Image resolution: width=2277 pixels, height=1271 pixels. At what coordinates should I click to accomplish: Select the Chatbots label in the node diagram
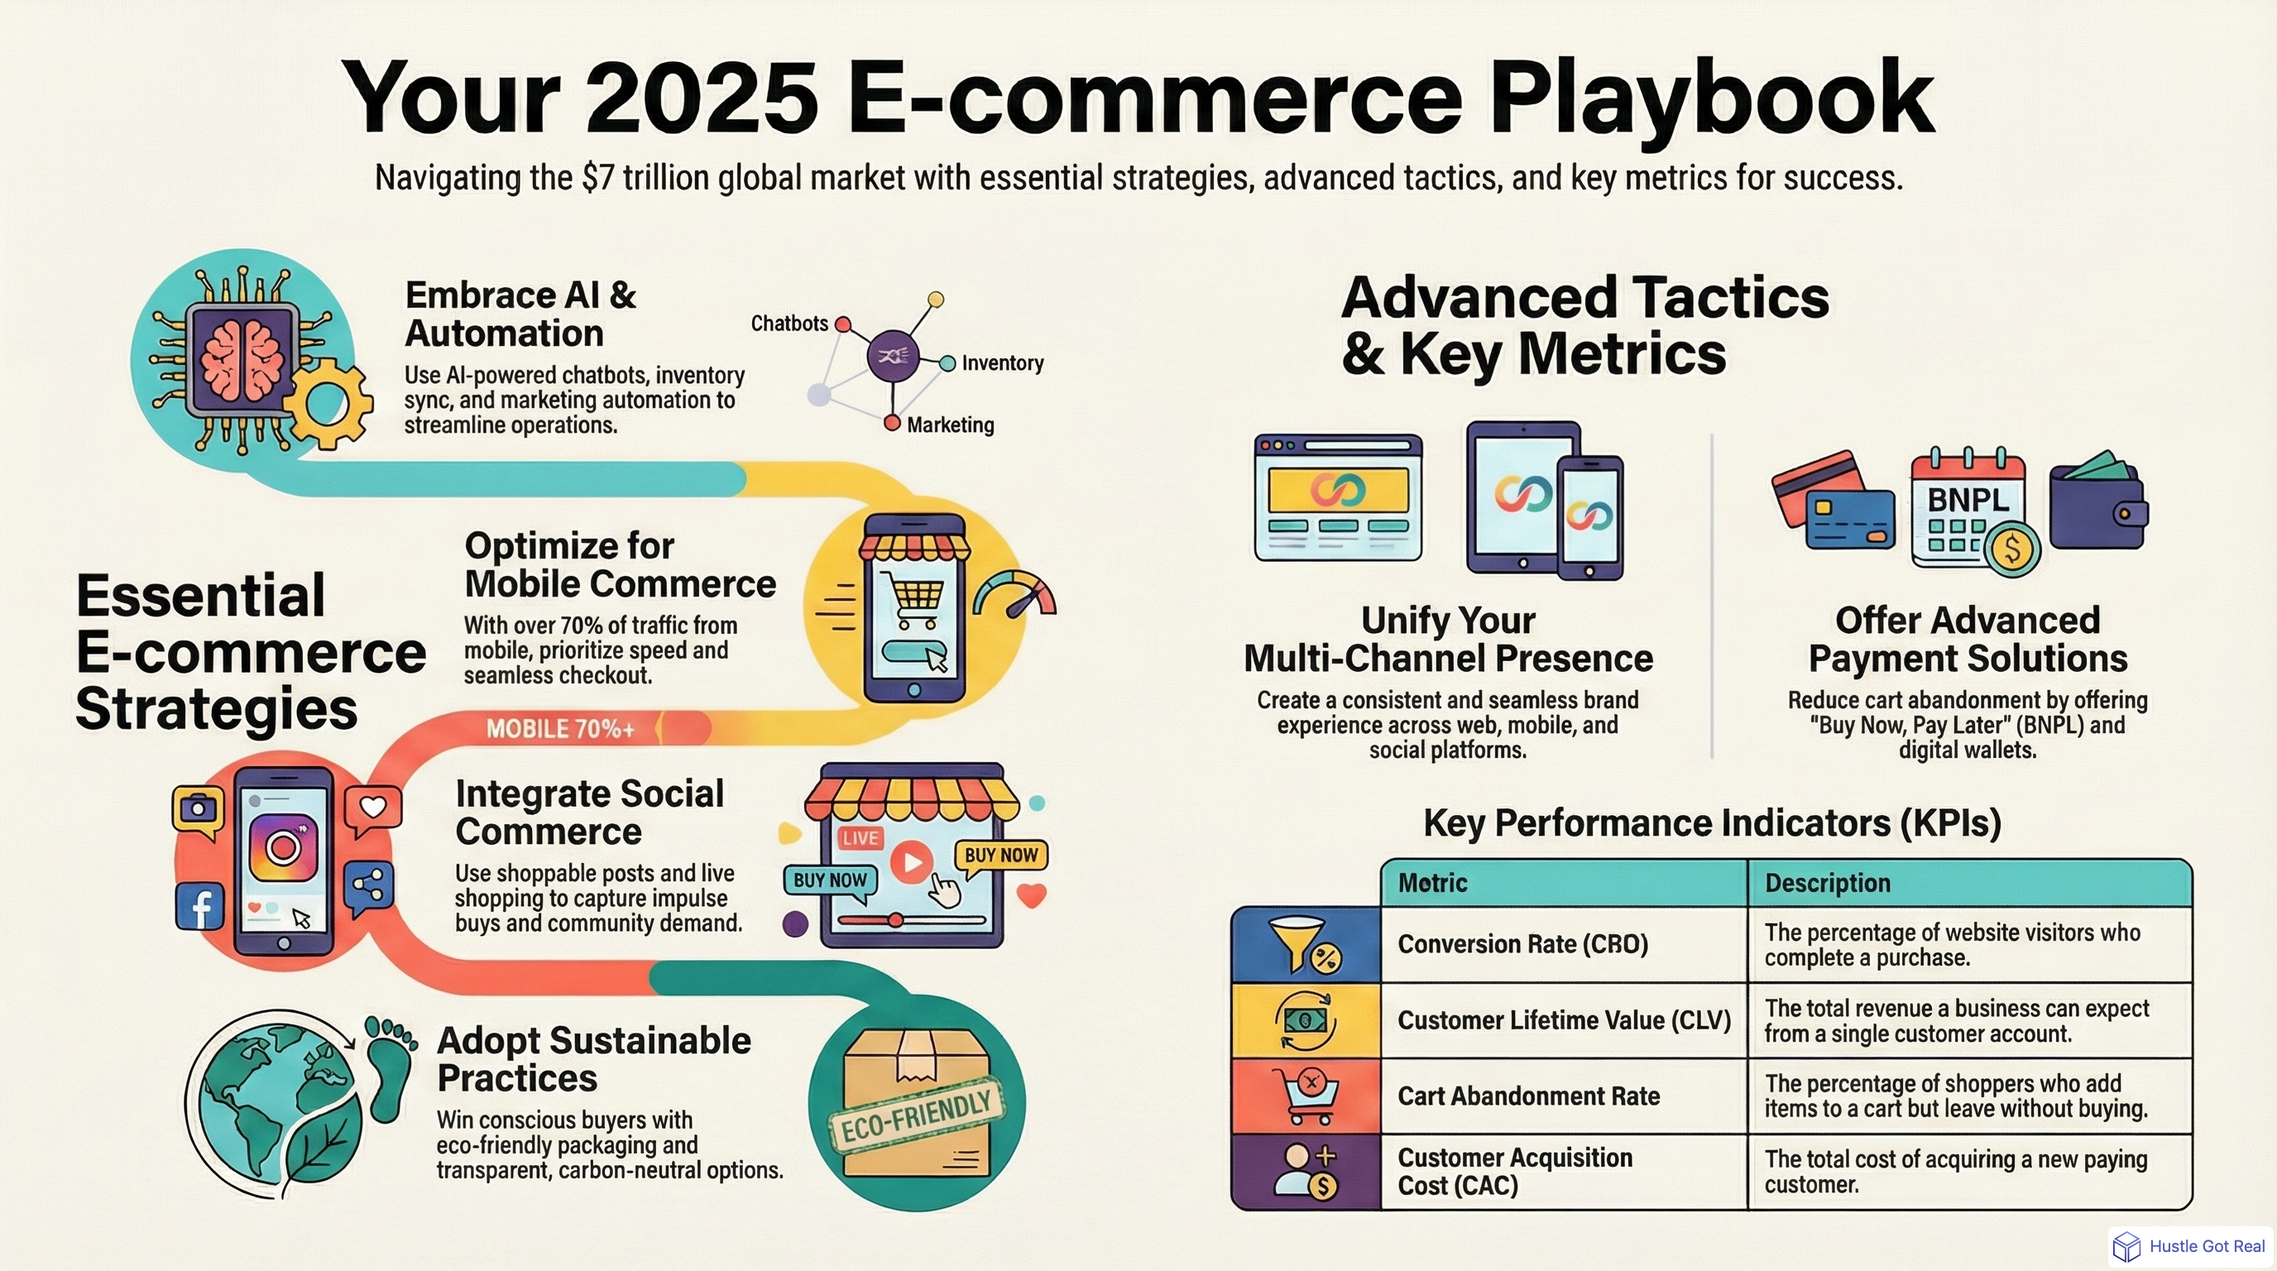(789, 324)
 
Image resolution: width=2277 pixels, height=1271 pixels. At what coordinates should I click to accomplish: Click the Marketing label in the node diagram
(950, 425)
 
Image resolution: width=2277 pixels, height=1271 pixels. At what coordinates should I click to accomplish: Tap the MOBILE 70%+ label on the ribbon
(559, 729)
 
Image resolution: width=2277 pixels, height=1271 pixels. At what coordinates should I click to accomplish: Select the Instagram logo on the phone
(283, 847)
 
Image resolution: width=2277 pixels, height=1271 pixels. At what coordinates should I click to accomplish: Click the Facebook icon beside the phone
(199, 907)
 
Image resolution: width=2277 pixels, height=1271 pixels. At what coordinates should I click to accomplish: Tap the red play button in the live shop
(910, 861)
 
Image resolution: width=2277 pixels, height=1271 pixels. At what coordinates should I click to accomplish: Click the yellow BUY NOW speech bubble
(999, 856)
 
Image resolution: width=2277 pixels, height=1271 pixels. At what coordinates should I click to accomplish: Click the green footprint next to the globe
(389, 1065)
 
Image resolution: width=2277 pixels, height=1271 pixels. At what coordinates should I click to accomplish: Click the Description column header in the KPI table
(1827, 883)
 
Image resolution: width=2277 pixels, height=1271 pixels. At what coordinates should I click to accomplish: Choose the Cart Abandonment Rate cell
(1528, 1096)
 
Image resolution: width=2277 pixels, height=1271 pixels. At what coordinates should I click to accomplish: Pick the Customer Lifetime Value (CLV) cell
(1563, 1020)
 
